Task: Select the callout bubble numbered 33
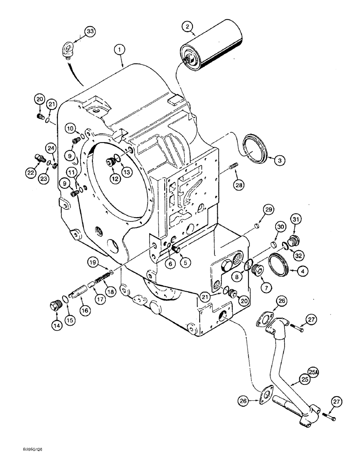89,31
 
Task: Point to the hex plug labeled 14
55,308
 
